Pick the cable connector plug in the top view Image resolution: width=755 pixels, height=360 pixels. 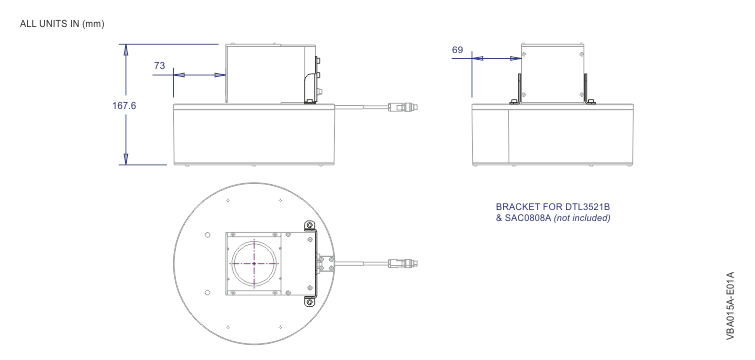(x=399, y=263)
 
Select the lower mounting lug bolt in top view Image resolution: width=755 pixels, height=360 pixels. (x=309, y=300)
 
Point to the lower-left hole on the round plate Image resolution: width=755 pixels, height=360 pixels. (x=207, y=292)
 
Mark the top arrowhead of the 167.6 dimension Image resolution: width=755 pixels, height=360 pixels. (x=126, y=49)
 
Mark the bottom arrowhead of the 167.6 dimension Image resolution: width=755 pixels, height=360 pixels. (x=126, y=160)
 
